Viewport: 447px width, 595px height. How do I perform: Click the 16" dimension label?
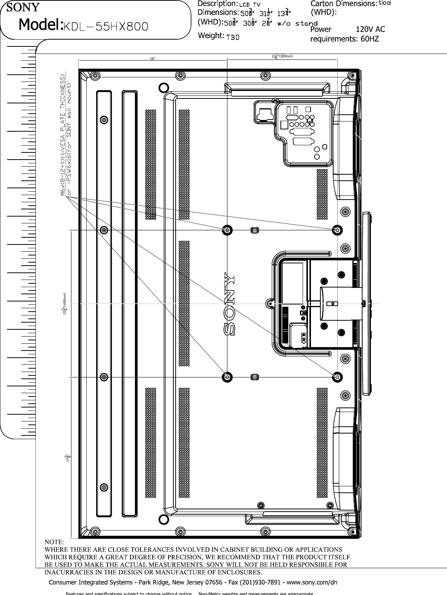coord(153,58)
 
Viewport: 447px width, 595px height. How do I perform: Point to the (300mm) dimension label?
coord(285,57)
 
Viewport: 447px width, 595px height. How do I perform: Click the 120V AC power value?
coord(370,29)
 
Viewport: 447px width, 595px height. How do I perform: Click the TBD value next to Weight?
coord(233,37)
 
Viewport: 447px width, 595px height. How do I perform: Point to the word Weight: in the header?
coord(211,35)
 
